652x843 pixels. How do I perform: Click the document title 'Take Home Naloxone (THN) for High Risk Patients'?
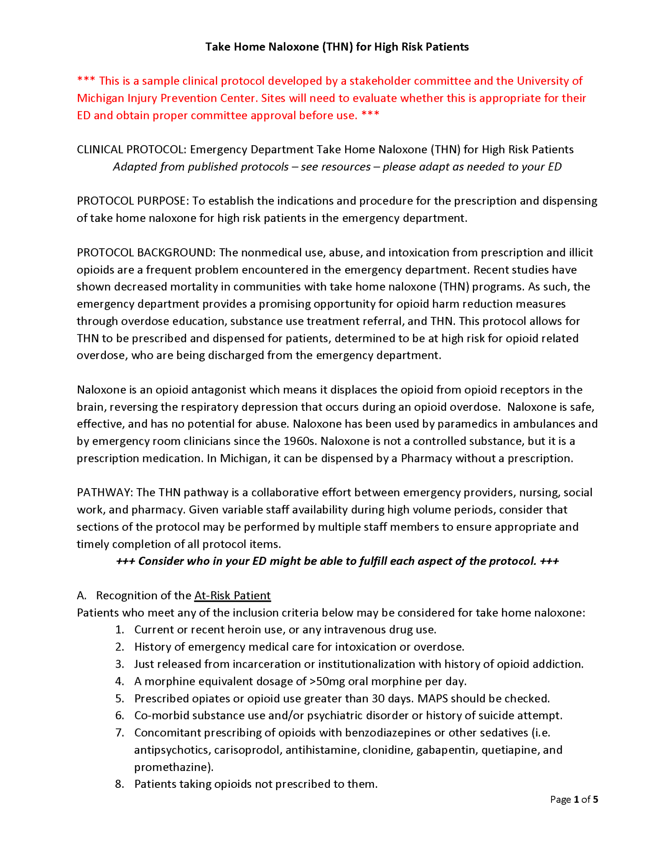(x=337, y=47)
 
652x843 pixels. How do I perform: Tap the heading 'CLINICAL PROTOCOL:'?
(x=131, y=149)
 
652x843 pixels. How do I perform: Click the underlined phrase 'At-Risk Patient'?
(x=232, y=595)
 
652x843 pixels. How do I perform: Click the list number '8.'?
(x=119, y=784)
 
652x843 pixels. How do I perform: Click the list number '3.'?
(x=119, y=664)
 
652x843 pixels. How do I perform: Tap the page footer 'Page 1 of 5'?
(x=574, y=799)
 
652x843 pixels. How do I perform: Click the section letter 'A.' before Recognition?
(x=82, y=595)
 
